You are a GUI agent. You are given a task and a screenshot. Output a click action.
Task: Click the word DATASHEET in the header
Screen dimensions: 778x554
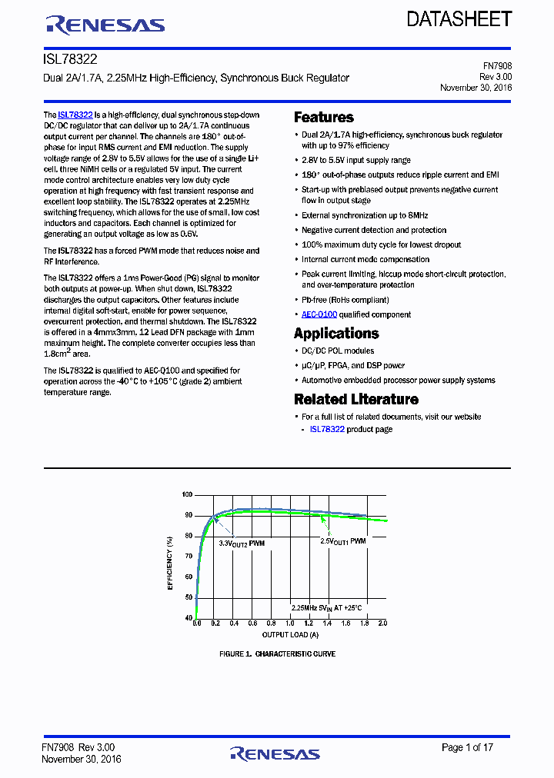pos(459,19)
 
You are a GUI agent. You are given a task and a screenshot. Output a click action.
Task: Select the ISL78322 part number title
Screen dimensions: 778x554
pos(69,58)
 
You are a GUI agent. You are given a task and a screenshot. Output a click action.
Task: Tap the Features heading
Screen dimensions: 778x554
pos(324,118)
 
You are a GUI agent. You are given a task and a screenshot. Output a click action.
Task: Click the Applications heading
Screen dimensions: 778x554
pos(336,334)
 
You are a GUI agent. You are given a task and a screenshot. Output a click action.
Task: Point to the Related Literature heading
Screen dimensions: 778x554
pos(356,400)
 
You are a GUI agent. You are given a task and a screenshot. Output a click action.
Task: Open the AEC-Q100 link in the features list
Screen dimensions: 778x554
pos(319,314)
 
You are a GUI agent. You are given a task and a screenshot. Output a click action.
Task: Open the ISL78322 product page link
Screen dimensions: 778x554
pos(326,429)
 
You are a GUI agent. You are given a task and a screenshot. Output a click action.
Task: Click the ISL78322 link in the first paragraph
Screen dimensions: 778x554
pos(75,114)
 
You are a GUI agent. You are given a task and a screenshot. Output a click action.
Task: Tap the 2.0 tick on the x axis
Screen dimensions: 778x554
pos(382,623)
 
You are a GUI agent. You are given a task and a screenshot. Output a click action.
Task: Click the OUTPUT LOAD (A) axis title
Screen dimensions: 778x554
pos(289,634)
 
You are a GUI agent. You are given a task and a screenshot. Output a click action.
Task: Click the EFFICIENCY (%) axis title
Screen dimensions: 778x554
pos(170,557)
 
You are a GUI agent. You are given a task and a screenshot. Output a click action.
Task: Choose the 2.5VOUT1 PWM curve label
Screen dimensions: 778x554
pos(342,541)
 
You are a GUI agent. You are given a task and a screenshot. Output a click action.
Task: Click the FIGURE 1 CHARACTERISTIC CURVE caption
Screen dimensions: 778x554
pos(277,654)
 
